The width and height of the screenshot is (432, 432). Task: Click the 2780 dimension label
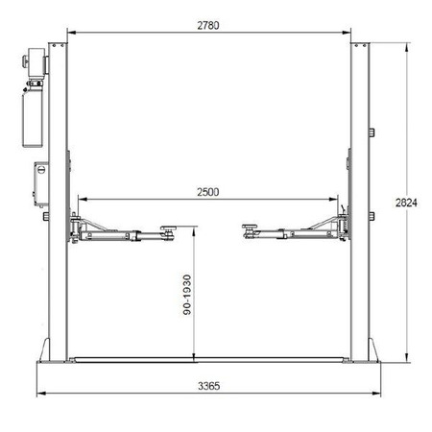[x=208, y=25]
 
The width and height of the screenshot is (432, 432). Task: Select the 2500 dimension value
[x=208, y=192]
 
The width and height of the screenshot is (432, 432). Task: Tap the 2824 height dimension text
[x=406, y=203]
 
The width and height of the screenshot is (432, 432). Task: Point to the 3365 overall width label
[x=208, y=386]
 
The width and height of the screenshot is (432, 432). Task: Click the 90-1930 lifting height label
[x=187, y=295]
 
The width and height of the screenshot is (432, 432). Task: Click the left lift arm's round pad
[x=168, y=228]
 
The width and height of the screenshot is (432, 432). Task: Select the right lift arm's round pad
[x=250, y=227]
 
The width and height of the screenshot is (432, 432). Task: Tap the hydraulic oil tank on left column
[x=33, y=117]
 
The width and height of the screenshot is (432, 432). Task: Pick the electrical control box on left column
[x=41, y=184]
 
